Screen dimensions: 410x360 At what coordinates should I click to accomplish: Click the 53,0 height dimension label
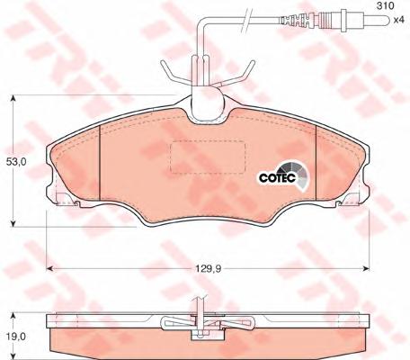pyautogui.click(x=16, y=162)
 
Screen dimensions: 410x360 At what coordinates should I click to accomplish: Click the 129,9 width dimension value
pyautogui.click(x=209, y=269)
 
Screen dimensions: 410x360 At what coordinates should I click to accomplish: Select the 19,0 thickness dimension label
pyautogui.click(x=16, y=337)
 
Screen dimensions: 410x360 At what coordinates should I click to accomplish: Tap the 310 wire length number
pyautogui.click(x=385, y=5)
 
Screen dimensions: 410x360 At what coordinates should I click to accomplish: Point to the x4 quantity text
pyautogui.click(x=399, y=20)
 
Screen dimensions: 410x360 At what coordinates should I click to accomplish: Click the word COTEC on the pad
pyautogui.click(x=278, y=177)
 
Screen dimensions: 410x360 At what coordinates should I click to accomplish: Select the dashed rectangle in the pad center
pyautogui.click(x=208, y=157)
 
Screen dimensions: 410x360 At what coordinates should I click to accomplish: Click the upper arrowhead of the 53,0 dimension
pyautogui.click(x=13, y=98)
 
